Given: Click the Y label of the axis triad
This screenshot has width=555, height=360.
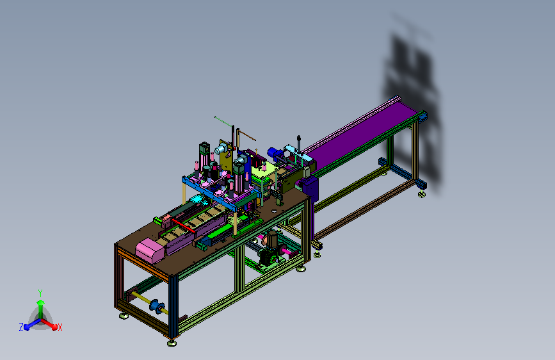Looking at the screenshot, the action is click(40, 293).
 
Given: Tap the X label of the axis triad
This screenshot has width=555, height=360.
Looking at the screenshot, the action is click(60, 327).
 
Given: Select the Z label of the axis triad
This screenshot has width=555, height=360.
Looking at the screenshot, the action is click(21, 327).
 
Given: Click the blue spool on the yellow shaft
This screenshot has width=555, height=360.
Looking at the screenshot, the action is click(157, 306).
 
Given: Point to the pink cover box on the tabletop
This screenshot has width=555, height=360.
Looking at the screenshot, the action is click(150, 250).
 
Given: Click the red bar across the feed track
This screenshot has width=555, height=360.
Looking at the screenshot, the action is click(183, 225).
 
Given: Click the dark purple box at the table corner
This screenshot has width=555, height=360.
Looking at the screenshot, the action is click(310, 188).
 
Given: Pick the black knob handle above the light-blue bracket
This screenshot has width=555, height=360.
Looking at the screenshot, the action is click(299, 143).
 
